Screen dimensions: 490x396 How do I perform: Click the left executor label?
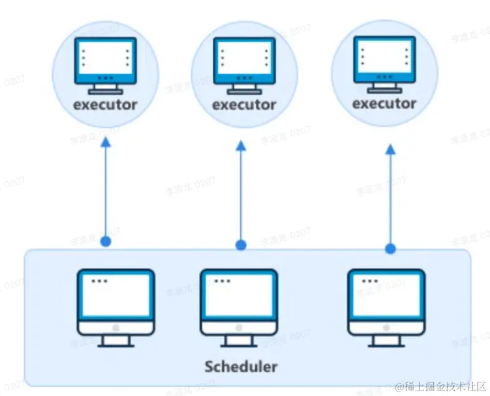pos(105,104)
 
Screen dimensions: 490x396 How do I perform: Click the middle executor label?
pos(244,104)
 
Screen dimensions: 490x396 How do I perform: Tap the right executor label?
pos(384,103)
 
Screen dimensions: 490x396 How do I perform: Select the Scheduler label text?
pos(241,365)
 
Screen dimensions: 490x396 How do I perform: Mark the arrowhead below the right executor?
pos(390,150)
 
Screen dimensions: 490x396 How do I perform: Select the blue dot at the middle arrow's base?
pos(241,246)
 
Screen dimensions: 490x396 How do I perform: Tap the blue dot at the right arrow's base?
pos(390,248)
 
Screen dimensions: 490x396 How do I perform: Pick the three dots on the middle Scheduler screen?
pos(222,281)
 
